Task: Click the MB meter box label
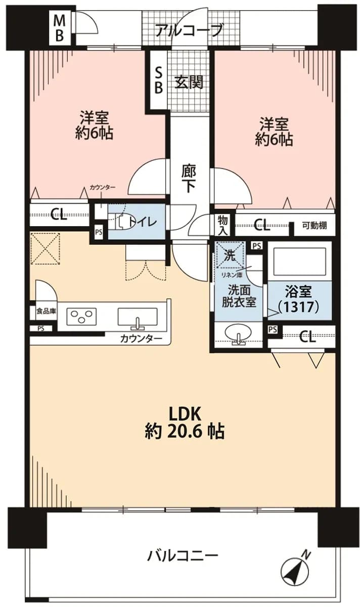click(x=59, y=28)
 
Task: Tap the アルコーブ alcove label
click(x=189, y=30)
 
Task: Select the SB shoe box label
click(x=158, y=80)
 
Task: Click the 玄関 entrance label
click(x=189, y=82)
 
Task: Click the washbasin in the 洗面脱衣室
click(x=238, y=332)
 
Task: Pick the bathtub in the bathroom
click(x=300, y=262)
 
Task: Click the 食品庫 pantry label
click(x=46, y=311)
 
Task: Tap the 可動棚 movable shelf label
click(x=314, y=225)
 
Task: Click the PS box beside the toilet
click(x=99, y=232)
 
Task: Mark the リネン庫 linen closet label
click(x=232, y=275)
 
